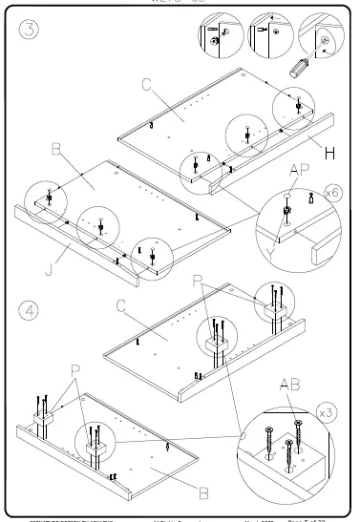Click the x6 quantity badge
coord(332,194)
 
